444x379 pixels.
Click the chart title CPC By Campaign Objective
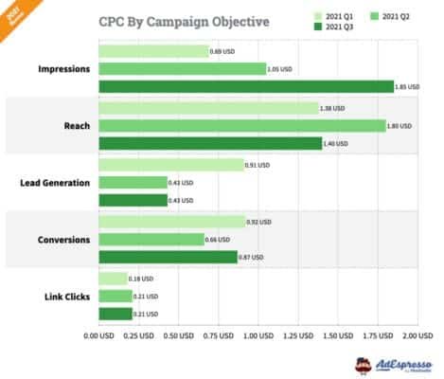(x=184, y=21)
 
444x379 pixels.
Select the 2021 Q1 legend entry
(x=337, y=16)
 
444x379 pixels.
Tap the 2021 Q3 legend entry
(x=337, y=27)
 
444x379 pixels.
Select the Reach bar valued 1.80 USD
(x=242, y=125)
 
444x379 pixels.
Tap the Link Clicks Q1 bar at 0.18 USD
(x=113, y=279)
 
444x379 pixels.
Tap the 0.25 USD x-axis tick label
(x=138, y=335)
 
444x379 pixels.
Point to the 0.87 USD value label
(x=253, y=258)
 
